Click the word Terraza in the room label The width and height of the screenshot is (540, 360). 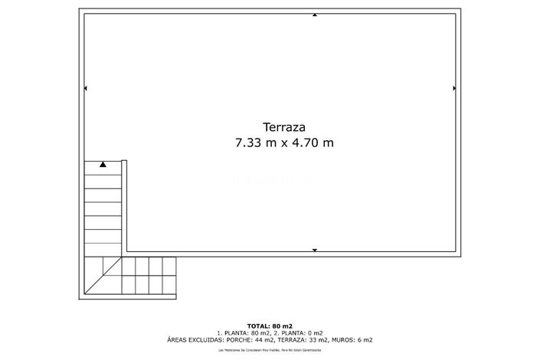284,128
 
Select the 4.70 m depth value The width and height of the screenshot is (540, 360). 313,142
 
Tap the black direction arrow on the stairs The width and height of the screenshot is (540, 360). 103,164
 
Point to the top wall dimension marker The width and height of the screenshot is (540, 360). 314,15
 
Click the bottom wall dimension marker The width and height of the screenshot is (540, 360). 314,250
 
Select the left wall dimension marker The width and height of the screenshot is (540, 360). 85,89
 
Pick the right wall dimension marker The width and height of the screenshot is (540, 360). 455,89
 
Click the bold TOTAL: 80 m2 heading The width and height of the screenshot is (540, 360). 270,326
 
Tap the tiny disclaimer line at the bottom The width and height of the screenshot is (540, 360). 270,349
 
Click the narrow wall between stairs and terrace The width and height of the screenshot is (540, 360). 124,207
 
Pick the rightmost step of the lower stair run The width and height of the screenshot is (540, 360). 169,275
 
